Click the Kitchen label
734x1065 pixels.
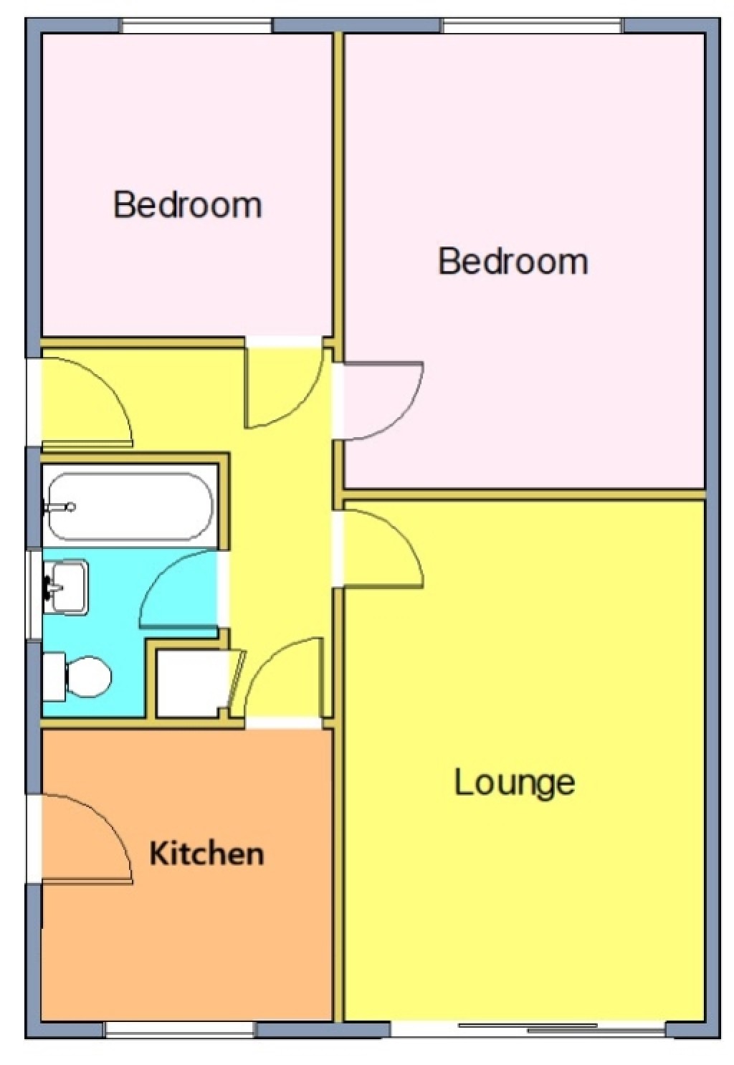point(206,854)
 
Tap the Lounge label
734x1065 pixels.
point(515,782)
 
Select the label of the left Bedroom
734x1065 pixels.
point(188,205)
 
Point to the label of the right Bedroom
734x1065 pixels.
point(513,261)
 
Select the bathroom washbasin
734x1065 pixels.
point(66,587)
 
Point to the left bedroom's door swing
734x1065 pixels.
point(282,387)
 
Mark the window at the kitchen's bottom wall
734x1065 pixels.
point(180,1030)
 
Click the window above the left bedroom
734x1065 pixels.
point(197,26)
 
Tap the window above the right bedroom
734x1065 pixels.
point(532,26)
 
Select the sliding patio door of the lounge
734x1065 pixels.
point(528,1029)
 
